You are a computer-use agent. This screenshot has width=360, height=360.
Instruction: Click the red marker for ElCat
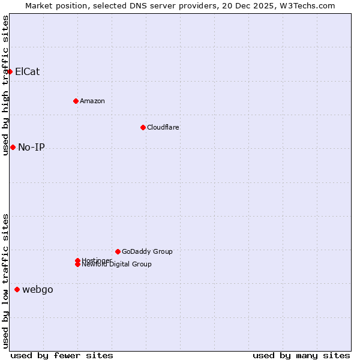click(x=10, y=72)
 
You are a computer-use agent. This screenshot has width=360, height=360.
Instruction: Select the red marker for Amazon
click(x=76, y=101)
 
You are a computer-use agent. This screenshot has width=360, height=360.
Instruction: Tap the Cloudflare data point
click(x=143, y=127)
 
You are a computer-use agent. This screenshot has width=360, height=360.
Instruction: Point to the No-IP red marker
click(x=13, y=148)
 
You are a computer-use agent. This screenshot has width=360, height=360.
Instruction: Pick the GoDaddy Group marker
click(x=118, y=251)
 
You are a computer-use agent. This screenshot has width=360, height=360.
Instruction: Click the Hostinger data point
click(x=77, y=260)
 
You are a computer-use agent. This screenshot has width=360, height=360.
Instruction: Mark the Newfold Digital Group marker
click(x=77, y=265)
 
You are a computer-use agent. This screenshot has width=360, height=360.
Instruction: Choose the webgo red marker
click(x=17, y=290)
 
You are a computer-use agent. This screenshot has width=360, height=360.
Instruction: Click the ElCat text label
click(x=28, y=72)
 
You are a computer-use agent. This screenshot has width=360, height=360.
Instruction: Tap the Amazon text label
click(x=92, y=101)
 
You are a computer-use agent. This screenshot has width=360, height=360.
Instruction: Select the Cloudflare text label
click(x=163, y=127)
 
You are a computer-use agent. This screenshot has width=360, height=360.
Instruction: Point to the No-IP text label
click(x=31, y=148)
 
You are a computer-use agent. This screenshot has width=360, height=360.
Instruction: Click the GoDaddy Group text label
click(x=147, y=251)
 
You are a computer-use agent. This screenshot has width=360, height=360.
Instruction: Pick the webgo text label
click(x=38, y=290)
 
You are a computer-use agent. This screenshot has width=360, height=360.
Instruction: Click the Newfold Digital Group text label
click(x=117, y=265)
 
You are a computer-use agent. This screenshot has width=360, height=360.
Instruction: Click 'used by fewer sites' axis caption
click(x=62, y=355)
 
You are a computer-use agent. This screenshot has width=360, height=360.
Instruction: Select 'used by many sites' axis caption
click(x=301, y=355)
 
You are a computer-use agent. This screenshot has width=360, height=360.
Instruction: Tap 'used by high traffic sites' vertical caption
click(x=6, y=85)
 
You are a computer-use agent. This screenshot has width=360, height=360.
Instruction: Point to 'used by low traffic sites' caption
click(x=6, y=281)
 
